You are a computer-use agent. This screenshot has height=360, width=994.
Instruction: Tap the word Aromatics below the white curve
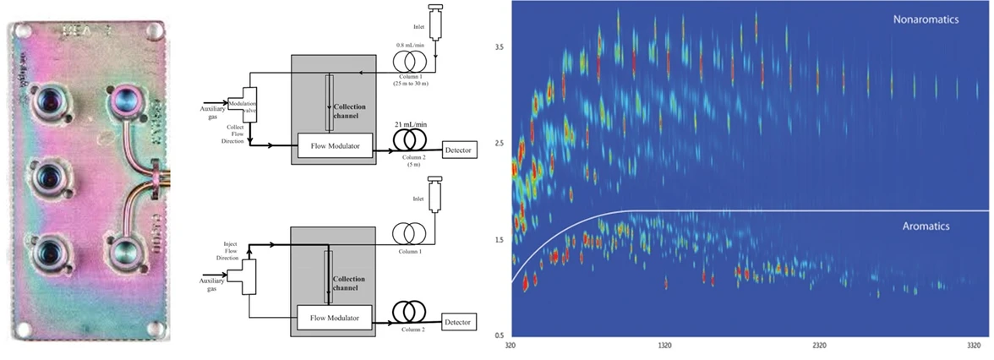[926, 226]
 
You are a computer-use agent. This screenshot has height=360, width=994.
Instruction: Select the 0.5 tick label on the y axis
[500, 335]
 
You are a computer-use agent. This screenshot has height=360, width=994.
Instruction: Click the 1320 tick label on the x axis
[664, 346]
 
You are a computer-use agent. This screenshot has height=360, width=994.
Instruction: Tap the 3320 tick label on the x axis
[973, 346]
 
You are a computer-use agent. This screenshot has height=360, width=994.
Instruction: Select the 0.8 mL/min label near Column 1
[411, 43]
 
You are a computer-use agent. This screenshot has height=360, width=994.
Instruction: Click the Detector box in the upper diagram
[458, 150]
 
